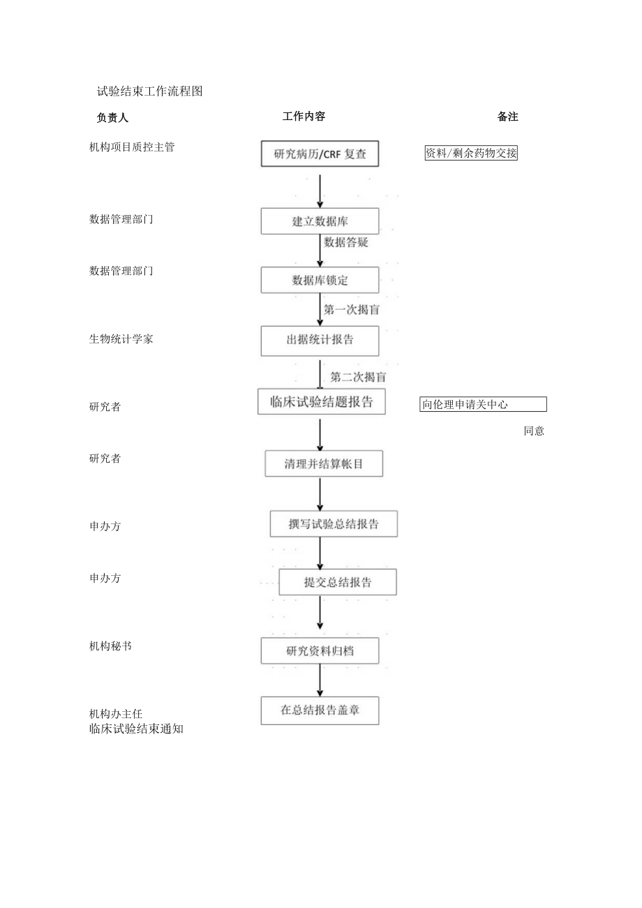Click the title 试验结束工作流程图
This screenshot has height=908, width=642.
click(149, 91)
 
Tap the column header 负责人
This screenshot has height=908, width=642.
click(112, 117)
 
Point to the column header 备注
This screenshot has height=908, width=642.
click(507, 117)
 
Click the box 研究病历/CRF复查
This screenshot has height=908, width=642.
click(320, 154)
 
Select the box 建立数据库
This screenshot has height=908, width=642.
click(320, 221)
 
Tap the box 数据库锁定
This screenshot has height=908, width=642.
click(320, 281)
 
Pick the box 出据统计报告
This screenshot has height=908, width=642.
click(320, 341)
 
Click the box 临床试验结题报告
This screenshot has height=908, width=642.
click(321, 401)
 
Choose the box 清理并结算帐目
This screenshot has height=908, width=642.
click(324, 463)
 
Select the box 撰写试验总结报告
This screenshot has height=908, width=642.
click(334, 524)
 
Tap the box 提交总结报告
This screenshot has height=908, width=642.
click(338, 582)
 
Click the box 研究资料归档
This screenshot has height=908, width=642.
click(320, 650)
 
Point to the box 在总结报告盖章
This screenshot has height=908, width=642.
click(320, 710)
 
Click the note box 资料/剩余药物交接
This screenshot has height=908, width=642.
click(471, 154)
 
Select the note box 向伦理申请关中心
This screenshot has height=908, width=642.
click(483, 404)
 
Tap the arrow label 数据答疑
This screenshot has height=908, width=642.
click(346, 242)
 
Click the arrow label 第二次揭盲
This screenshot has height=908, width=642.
click(359, 377)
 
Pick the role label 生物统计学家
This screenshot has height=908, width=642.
click(121, 339)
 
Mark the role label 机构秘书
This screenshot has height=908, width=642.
click(110, 646)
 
